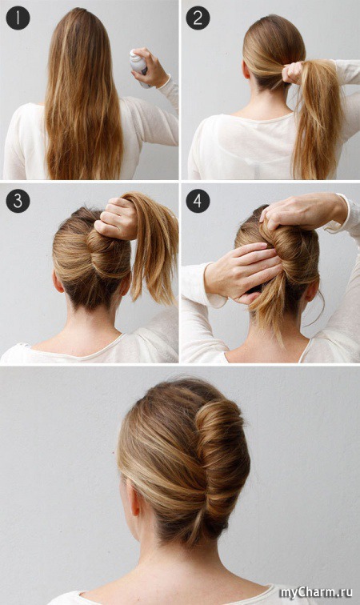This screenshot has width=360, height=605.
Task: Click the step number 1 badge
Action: (18, 18)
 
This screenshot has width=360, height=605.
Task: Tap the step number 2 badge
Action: (198, 18)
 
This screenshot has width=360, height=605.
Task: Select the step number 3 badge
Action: (18, 201)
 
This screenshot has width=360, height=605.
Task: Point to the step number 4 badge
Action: (198, 201)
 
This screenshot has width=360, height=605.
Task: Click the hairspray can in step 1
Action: (139, 66)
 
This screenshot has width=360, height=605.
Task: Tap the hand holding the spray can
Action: (150, 67)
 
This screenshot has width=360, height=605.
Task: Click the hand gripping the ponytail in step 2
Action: (294, 73)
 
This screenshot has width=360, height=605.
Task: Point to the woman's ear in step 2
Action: (246, 70)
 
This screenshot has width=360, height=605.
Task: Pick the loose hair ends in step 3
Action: (153, 247)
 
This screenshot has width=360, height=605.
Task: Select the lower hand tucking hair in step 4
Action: (243, 270)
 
